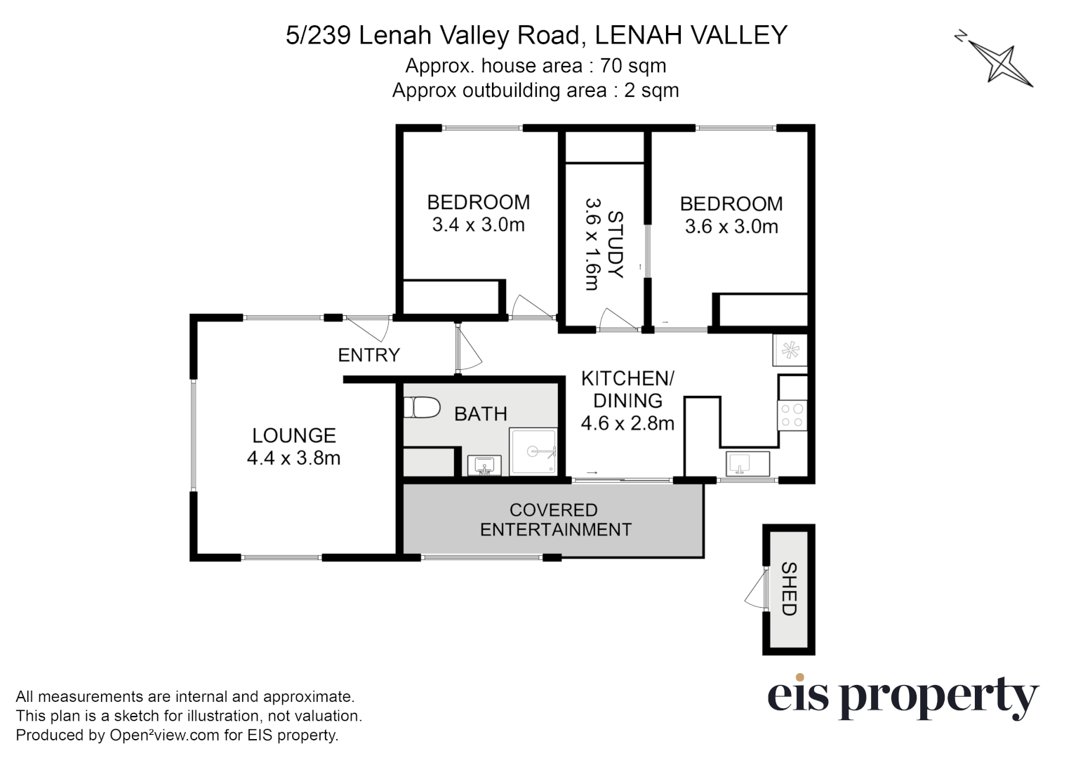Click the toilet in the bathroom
coord(421,408)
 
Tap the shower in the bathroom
coord(533,451)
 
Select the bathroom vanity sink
coord(484,465)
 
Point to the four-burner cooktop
coord(792,415)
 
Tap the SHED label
coord(789,589)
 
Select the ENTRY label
coord(368,355)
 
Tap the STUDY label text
coord(615,244)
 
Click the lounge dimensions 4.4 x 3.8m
coord(293,458)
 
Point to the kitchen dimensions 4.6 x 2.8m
coord(627,423)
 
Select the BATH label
coord(480,414)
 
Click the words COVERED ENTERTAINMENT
coord(554,520)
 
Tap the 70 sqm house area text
coord(535,66)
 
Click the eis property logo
coord(902,697)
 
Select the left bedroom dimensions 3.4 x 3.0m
coord(478,225)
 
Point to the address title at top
coord(536,35)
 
